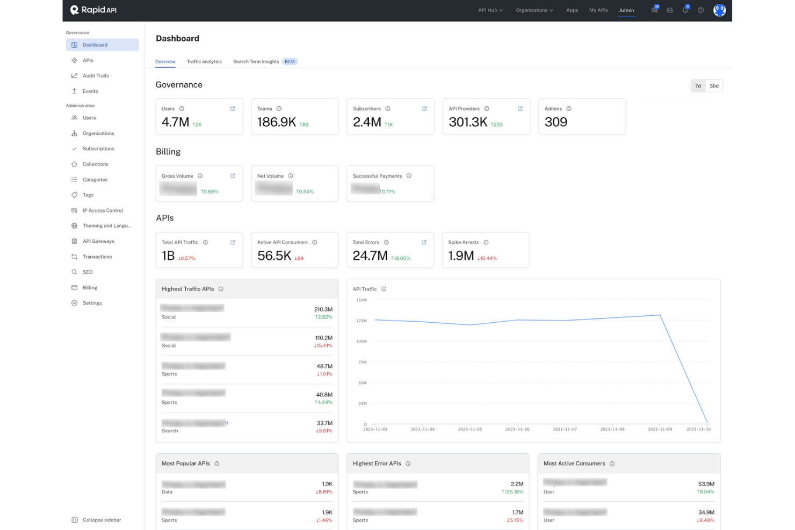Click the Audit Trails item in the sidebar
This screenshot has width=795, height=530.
coord(95,76)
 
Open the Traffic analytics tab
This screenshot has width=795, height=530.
coord(204,62)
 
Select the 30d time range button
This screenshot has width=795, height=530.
coord(713,86)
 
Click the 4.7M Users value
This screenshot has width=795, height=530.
coord(176,122)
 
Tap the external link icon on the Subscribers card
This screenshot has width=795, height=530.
coord(424,108)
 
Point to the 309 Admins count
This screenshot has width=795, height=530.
coord(555,122)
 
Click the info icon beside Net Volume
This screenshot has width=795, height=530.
coord(291,176)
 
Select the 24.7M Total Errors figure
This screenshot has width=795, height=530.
coord(370,256)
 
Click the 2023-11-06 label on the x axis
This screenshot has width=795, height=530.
coord(517,430)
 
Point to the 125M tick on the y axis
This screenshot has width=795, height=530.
coord(361,321)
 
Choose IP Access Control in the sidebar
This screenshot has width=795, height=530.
coord(103,210)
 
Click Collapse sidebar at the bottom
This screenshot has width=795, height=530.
coord(102,520)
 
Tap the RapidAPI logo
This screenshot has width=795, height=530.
coord(93,10)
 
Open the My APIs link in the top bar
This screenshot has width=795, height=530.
coord(598,10)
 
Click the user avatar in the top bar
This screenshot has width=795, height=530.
coord(719,10)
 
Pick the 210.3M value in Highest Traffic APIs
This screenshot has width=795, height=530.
coord(323,309)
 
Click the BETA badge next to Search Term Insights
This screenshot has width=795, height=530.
coord(290,62)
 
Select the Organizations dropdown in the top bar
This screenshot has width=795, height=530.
coord(534,10)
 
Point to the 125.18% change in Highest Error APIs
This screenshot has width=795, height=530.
coord(512,492)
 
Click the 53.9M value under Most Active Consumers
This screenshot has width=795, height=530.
coord(706,484)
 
